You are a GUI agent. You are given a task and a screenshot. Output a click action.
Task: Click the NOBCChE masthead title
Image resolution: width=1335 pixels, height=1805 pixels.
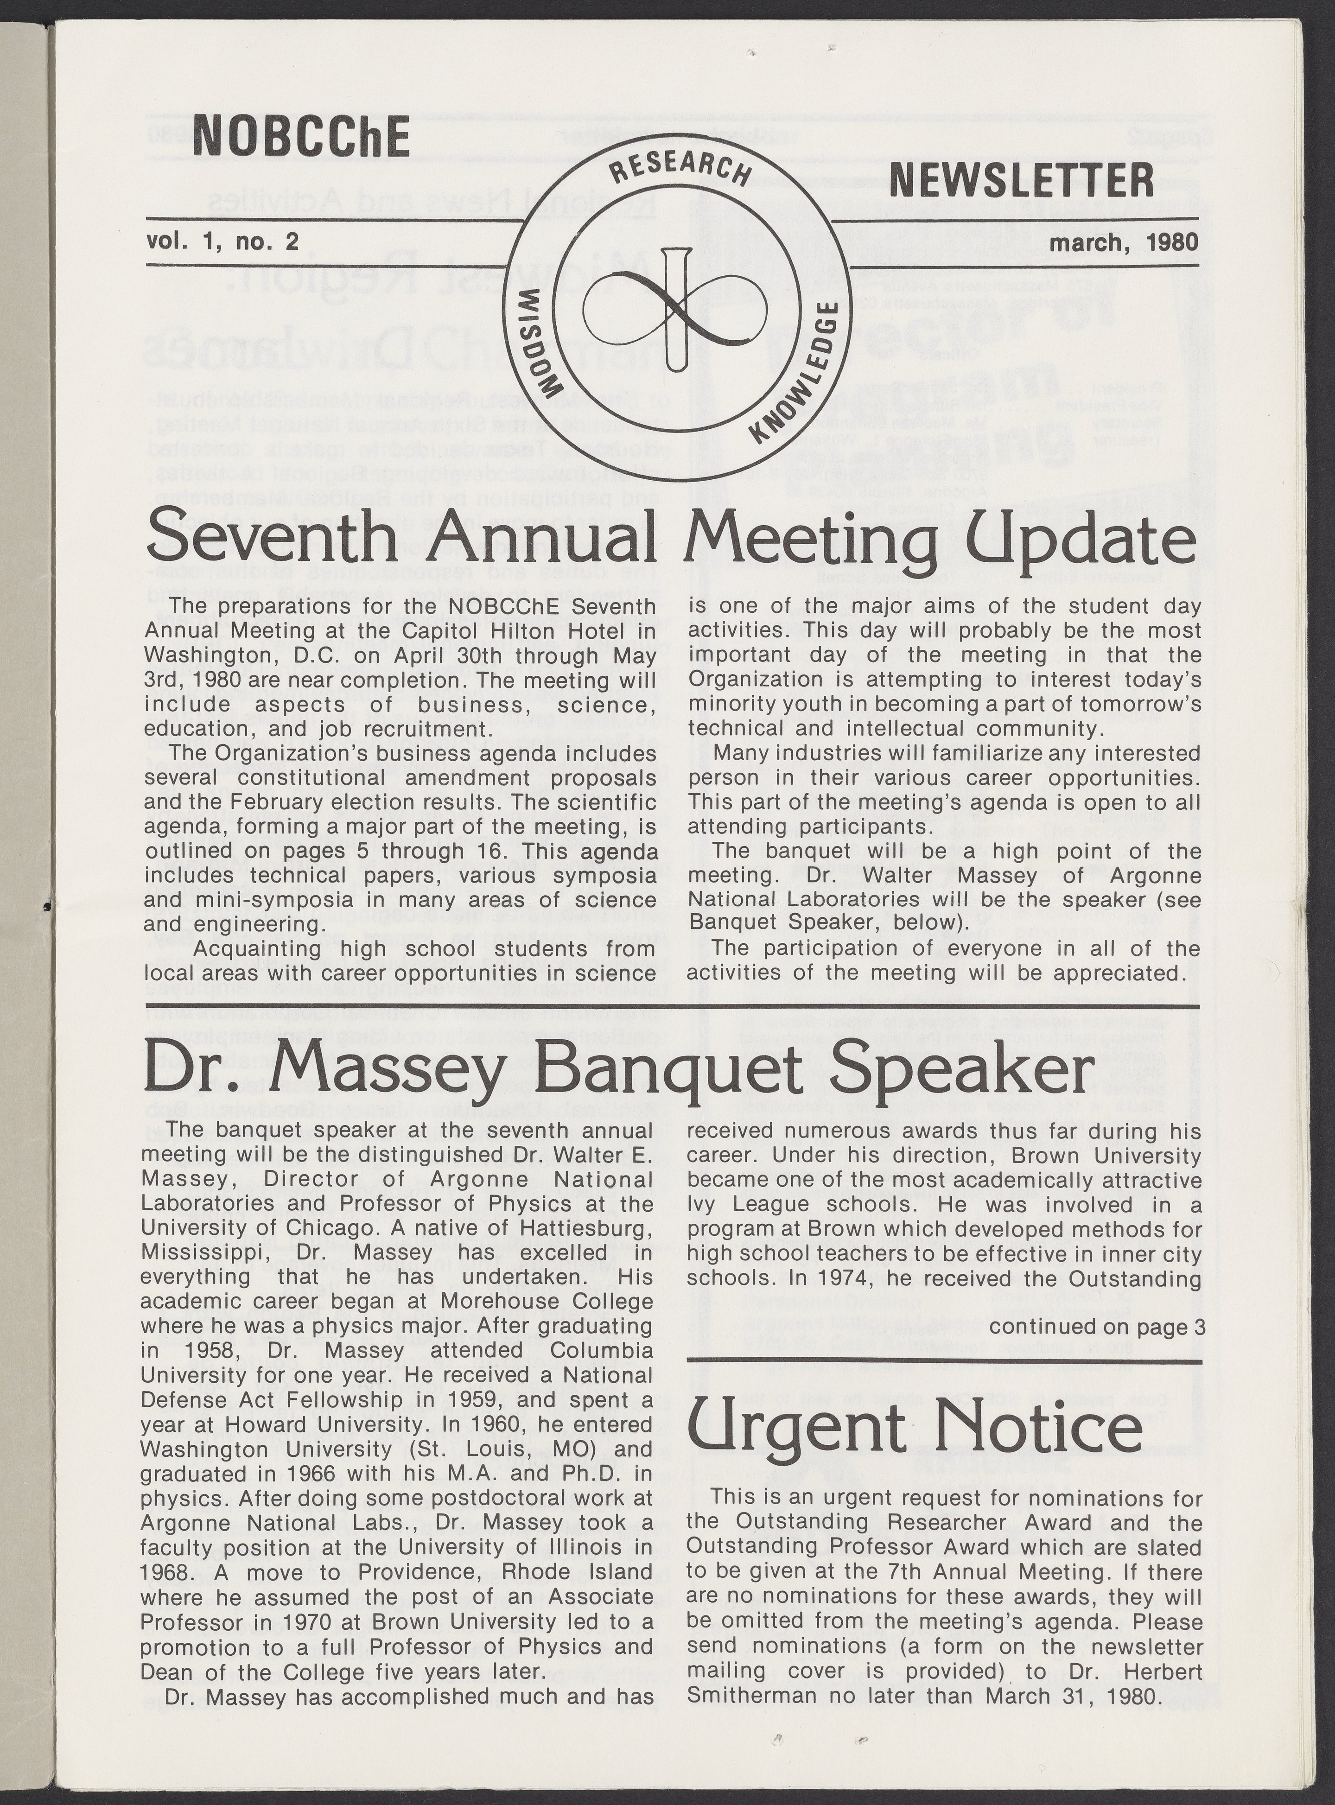[x=301, y=137]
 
